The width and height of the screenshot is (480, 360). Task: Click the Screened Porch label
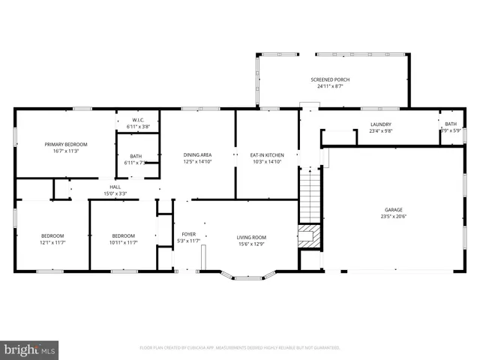tap(330, 79)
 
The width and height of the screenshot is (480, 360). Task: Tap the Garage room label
tap(394, 210)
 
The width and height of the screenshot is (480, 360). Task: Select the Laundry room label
tap(381, 124)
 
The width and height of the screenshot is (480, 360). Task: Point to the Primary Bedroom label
tap(65, 144)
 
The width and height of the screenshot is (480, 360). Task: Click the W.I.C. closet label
tap(138, 120)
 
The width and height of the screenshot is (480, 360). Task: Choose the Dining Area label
tap(197, 155)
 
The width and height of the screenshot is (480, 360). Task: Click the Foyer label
tap(188, 234)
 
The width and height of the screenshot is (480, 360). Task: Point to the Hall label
tap(115, 187)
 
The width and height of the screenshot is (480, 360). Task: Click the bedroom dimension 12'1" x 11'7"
tap(52, 243)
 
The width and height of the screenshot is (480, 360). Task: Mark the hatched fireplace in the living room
tap(307, 236)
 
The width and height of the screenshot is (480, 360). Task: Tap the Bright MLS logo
tap(30, 349)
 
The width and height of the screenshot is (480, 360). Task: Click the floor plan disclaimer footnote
tap(240, 348)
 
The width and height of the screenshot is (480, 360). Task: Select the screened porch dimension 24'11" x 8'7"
tap(330, 86)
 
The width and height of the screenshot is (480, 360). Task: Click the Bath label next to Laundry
tap(450, 124)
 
